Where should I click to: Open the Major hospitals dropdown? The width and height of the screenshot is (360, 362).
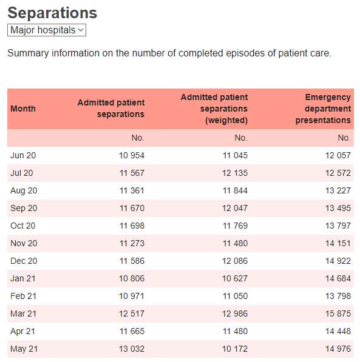[47, 30]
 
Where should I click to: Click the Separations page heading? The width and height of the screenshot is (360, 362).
[52, 13]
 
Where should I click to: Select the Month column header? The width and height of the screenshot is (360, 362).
[23, 109]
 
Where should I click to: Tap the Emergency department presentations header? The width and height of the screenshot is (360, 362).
[323, 109]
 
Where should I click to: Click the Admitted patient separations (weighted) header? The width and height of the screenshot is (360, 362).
[214, 109]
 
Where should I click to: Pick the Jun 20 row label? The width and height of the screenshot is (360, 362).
[23, 155]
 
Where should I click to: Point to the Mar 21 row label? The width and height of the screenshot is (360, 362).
[23, 313]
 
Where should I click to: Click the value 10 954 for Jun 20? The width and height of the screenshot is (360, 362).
[132, 155]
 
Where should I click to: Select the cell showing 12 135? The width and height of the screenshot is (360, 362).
[235, 173]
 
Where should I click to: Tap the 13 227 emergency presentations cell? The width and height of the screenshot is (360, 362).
[338, 190]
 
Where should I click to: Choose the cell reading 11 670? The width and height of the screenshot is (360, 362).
[132, 208]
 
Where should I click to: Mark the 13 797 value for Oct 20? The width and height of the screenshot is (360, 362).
[338, 226]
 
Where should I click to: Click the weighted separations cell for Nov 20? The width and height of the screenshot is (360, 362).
[235, 243]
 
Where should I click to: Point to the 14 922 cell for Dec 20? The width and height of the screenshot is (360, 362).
[338, 261]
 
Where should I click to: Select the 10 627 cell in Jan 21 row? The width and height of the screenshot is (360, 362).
[235, 278]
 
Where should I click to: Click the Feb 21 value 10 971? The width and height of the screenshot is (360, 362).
[132, 296]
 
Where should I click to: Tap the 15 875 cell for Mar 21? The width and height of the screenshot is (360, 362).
[338, 313]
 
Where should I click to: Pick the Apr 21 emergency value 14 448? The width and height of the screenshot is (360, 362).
[338, 331]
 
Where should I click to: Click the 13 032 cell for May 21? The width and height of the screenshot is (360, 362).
[132, 349]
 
